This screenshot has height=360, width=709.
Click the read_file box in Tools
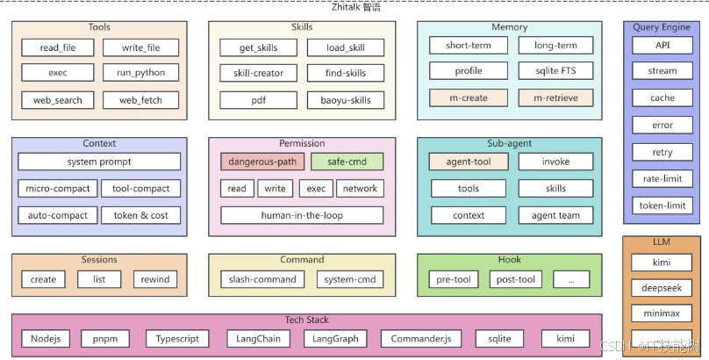click(x=58, y=47)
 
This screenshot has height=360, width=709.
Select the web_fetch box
click(x=140, y=100)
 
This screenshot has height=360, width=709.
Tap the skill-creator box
click(x=259, y=73)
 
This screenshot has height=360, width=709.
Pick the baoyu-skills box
click(x=346, y=100)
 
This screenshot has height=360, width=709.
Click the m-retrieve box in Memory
click(x=555, y=97)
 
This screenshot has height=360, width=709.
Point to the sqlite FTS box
click(x=555, y=70)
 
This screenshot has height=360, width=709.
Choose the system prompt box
click(x=99, y=162)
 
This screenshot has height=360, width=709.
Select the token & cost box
click(x=140, y=215)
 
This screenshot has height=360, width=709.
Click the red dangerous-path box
click(x=262, y=162)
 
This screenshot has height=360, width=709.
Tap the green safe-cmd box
click(x=347, y=162)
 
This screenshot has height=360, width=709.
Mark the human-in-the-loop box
click(x=302, y=215)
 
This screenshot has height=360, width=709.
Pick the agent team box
click(x=555, y=215)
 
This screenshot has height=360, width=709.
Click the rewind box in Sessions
click(x=155, y=279)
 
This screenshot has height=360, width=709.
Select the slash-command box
click(x=262, y=279)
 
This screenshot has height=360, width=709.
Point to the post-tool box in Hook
click(x=515, y=279)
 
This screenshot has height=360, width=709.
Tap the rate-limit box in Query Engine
click(x=662, y=178)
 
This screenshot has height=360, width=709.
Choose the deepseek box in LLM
click(x=662, y=288)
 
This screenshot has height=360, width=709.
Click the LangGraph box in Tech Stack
click(x=335, y=338)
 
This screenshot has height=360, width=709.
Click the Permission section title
click(x=302, y=143)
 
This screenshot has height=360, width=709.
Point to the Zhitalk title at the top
click(x=356, y=7)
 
